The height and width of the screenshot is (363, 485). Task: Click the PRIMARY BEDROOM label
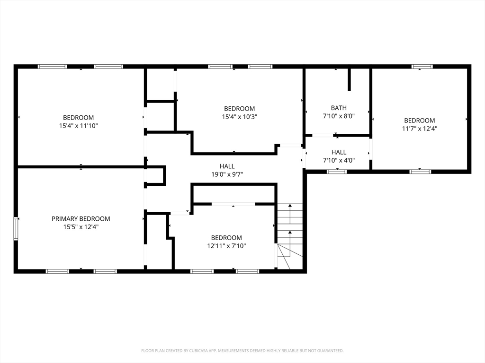click(x=81, y=219)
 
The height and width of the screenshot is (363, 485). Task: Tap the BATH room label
click(x=339, y=108)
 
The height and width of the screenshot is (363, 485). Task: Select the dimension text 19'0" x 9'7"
click(x=227, y=174)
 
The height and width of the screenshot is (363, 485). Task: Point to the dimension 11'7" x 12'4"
click(x=420, y=129)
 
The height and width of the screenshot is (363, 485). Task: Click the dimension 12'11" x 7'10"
click(x=226, y=246)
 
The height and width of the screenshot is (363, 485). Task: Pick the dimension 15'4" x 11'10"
click(x=78, y=126)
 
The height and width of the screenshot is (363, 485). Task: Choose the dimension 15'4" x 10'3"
click(x=239, y=117)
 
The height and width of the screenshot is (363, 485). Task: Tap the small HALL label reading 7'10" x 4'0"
click(x=339, y=152)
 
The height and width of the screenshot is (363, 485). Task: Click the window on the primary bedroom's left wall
click(x=16, y=228)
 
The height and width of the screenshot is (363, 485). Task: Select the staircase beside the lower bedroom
click(x=290, y=236)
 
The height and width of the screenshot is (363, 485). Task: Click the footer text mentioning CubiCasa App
click(x=242, y=351)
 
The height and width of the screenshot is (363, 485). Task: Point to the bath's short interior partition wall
click(x=349, y=79)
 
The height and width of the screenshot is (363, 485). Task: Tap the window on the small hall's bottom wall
click(x=337, y=172)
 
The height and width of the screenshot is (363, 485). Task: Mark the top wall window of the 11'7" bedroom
click(x=422, y=66)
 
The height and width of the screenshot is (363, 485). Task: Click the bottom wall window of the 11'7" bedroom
click(x=420, y=172)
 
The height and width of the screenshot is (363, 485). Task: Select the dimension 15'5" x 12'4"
click(x=81, y=227)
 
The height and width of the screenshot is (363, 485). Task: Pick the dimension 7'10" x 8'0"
click(x=339, y=116)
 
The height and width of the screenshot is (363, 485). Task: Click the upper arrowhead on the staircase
click(x=290, y=205)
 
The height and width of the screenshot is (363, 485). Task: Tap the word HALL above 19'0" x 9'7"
click(x=227, y=166)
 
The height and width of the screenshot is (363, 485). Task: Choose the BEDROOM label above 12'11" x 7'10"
click(x=226, y=238)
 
